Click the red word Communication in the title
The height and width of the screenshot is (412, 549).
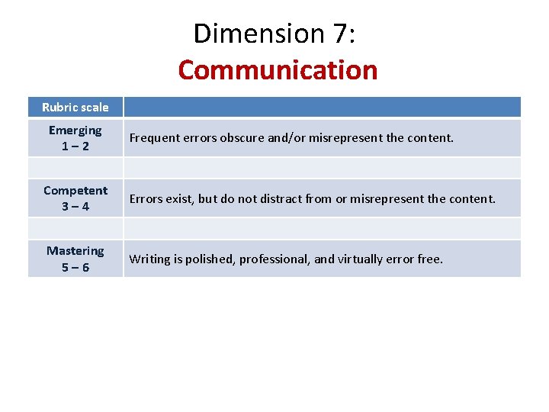coord(278,70)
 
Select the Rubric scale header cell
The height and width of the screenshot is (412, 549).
coord(75,107)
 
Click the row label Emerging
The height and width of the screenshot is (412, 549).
coord(75,130)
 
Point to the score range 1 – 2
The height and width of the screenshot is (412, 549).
coord(75,146)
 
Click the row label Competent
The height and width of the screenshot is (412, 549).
coord(75,191)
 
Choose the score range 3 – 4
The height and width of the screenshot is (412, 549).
coord(75,206)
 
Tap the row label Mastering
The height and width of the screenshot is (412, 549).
coord(75,251)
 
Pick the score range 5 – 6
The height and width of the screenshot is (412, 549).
coord(75,267)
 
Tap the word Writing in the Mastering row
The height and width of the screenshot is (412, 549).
coord(149,259)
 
